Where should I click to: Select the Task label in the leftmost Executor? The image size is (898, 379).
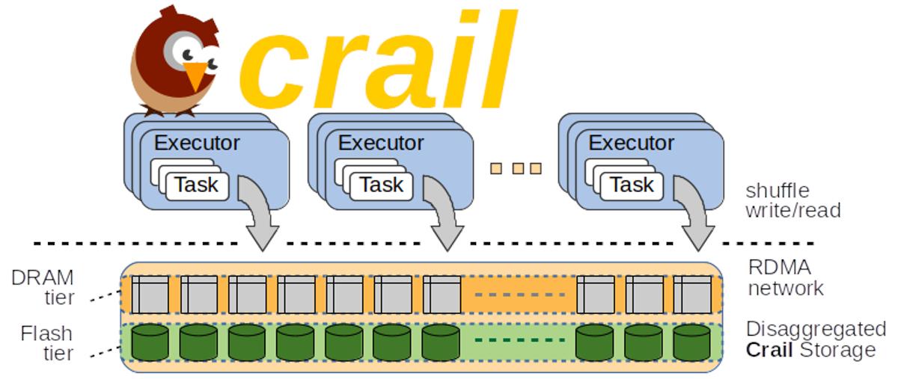tap(197, 185)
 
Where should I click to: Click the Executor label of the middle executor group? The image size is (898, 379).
tap(381, 142)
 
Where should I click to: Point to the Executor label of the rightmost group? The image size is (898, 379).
tap(631, 142)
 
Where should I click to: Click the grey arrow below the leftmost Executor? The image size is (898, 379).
tap(256, 217)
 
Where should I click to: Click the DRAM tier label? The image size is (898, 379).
tap(43, 288)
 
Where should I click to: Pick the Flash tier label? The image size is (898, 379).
tap(46, 342)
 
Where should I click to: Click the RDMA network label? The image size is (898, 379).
tap(786, 277)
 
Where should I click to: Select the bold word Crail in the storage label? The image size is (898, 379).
tap(769, 350)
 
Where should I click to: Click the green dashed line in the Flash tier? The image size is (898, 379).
tap(520, 340)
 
